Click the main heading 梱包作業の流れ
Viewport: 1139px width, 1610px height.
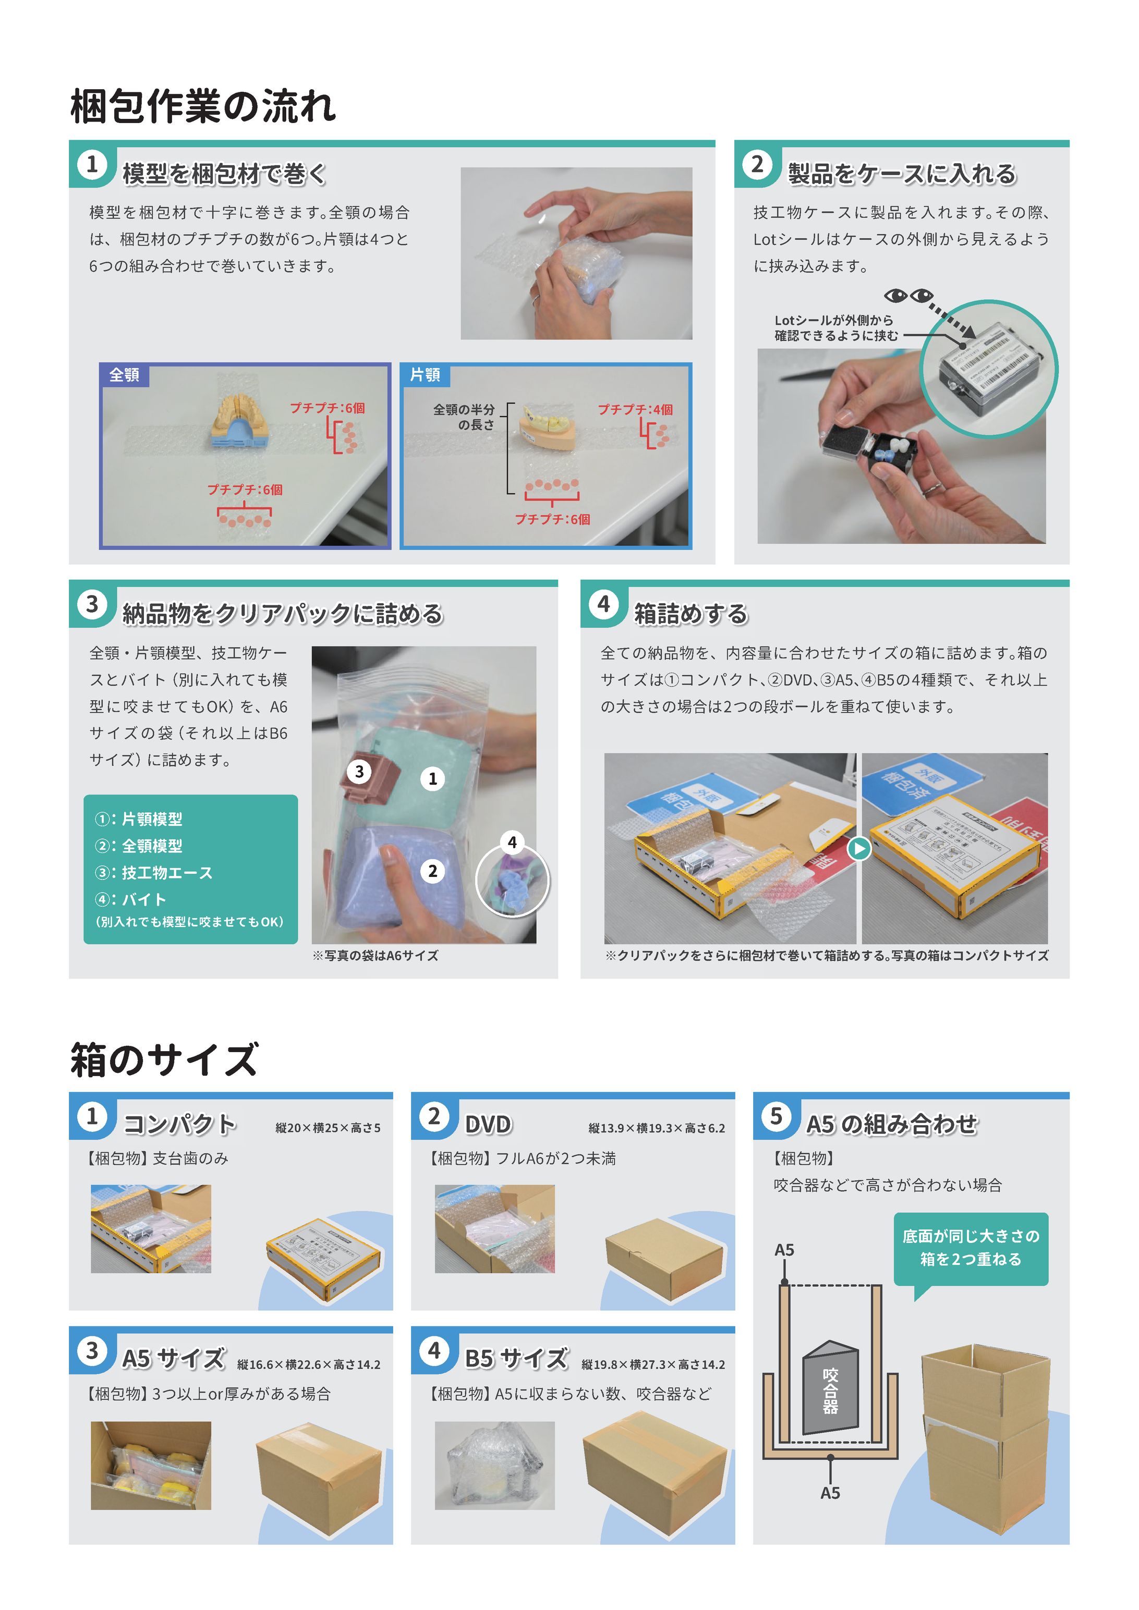(203, 106)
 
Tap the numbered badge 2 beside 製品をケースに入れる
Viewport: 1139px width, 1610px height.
(757, 165)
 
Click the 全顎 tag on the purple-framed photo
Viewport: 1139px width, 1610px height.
(124, 374)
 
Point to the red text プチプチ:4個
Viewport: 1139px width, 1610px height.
(635, 409)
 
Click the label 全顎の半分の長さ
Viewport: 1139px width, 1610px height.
(464, 417)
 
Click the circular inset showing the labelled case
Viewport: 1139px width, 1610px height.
(988, 369)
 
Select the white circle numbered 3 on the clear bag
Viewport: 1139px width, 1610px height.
(359, 771)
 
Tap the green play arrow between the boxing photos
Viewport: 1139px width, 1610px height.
(859, 848)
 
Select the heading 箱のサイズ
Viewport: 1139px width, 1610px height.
(164, 1059)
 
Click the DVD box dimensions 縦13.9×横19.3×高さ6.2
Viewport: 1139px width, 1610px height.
(657, 1128)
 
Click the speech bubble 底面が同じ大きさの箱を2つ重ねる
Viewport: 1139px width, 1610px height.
(971, 1248)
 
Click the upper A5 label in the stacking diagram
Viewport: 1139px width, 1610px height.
(784, 1250)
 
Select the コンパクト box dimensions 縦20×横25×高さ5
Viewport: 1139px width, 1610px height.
(328, 1128)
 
